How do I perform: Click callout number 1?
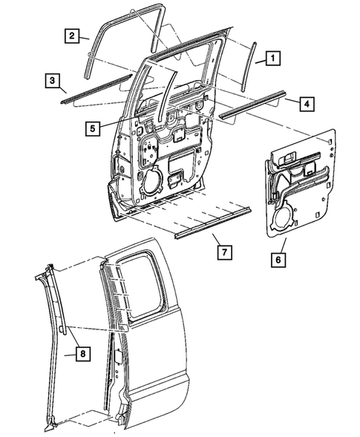(273, 56)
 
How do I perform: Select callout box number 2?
(72, 35)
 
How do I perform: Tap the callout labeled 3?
(51, 79)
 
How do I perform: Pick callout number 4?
(305, 103)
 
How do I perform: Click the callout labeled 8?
(82, 355)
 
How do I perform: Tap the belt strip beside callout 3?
(89, 87)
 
